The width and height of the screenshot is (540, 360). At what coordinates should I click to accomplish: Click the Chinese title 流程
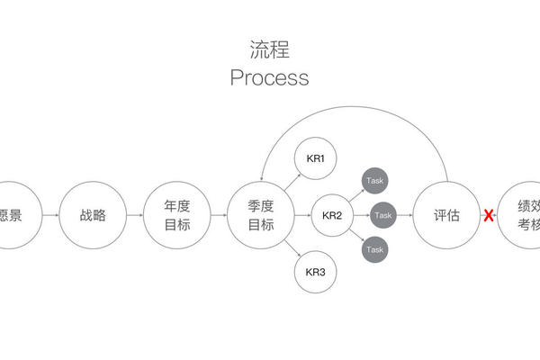269,49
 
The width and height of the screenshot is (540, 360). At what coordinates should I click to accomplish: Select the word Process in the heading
269,77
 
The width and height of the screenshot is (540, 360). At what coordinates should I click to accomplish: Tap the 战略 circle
93,216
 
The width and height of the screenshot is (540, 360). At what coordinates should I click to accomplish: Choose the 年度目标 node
177,216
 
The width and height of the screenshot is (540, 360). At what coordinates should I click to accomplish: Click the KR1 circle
315,159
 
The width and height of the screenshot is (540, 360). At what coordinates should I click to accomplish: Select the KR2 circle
332,216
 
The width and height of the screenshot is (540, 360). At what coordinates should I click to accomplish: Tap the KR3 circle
315,272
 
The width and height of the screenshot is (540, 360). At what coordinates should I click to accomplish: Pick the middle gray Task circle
383,216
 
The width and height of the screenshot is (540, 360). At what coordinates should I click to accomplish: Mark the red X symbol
489,216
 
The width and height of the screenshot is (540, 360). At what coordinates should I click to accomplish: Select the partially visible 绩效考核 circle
526,216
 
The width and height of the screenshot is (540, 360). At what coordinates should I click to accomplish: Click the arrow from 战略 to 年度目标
135,216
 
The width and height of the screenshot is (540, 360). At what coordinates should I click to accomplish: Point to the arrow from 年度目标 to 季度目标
219,216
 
